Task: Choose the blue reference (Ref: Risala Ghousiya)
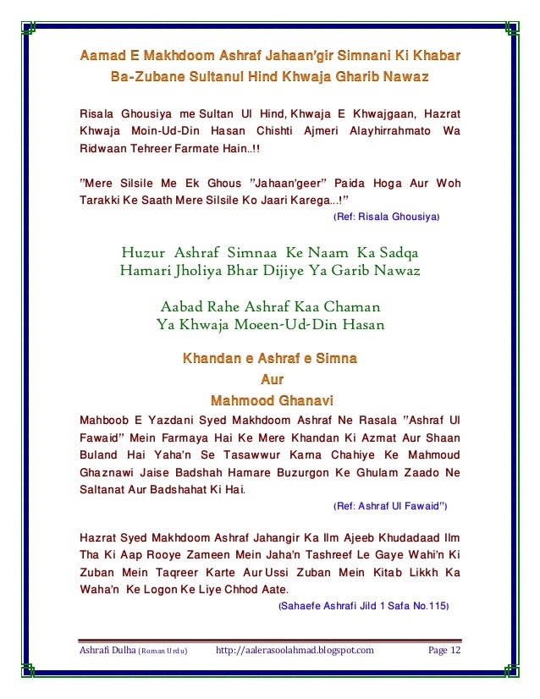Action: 387,217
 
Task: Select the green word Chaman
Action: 351,305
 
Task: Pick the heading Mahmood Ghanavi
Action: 271,399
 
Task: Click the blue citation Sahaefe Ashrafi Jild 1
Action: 363,606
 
